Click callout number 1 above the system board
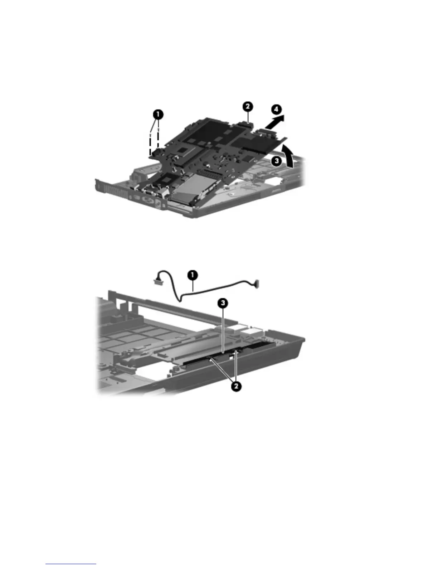pos(159,115)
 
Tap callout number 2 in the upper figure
pos(248,106)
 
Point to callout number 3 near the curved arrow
pos(276,161)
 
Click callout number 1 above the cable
pos(193,275)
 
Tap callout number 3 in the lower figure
pos(223,304)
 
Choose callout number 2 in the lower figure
pos(235,386)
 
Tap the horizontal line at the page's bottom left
pos(71,564)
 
